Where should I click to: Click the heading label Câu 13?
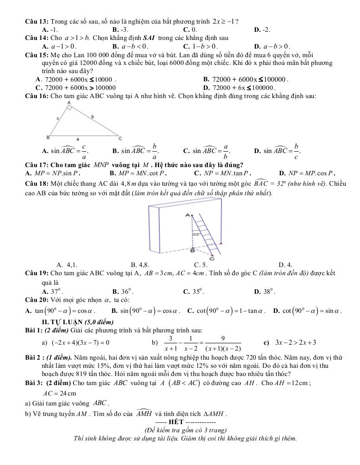(37, 21)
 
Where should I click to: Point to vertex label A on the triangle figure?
(69, 104)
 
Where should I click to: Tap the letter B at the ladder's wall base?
(192, 250)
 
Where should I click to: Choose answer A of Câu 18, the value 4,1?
(67, 265)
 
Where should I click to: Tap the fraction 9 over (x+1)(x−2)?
(223, 343)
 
